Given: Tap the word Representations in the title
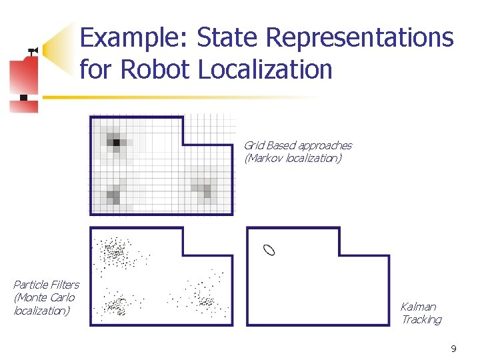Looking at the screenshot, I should tap(360, 38).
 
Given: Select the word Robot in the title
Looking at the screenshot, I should tap(159, 69).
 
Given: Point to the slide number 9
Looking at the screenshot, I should tap(453, 349).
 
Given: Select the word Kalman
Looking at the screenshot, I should tap(418, 307).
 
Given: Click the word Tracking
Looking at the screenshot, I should tap(421, 320).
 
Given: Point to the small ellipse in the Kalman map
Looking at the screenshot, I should tap(269, 250).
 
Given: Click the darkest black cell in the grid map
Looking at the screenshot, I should tap(116, 142).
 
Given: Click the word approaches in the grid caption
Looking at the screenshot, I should tap(325, 145).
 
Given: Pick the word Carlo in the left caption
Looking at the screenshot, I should tap(62, 297).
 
